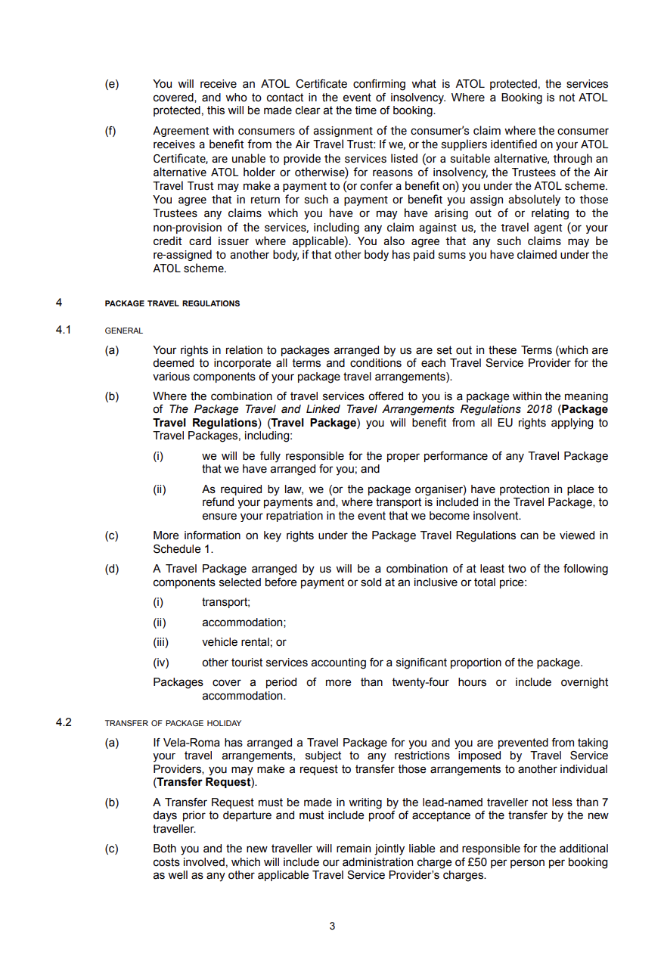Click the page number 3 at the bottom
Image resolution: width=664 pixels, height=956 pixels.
332,926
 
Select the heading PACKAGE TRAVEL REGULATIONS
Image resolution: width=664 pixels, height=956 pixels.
172,303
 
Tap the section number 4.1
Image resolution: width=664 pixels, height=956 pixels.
64,330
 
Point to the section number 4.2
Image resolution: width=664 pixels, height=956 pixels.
64,722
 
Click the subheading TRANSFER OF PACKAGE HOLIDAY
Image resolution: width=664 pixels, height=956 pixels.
172,723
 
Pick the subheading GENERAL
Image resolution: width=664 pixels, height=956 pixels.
123,331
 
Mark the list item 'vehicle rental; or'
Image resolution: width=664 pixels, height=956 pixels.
244,642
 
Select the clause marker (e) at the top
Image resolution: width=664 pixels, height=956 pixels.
111,84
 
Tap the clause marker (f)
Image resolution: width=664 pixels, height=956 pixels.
110,131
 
